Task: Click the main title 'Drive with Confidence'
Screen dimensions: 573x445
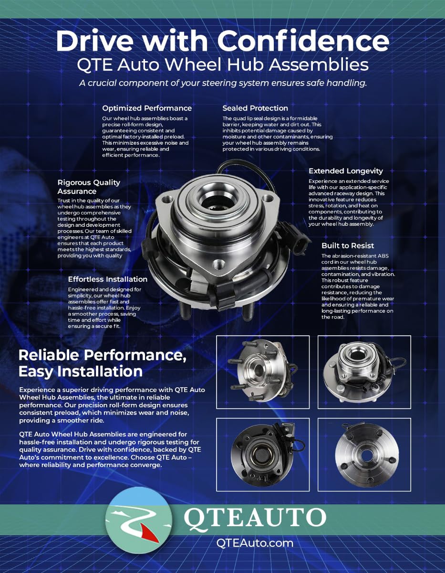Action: click(222, 41)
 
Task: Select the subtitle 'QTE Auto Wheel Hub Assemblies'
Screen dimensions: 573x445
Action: click(222, 65)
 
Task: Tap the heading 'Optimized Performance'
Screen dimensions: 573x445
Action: click(147, 108)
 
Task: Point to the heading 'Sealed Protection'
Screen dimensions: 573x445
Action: click(255, 108)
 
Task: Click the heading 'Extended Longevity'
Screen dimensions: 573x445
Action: click(345, 171)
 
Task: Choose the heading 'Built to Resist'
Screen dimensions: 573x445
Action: click(348, 245)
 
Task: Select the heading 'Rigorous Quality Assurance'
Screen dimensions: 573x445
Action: click(89, 187)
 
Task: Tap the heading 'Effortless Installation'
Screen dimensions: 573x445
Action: click(107, 279)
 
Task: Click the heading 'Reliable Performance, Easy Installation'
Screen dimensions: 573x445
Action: click(102, 363)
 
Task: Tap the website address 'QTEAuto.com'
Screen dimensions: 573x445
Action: click(255, 543)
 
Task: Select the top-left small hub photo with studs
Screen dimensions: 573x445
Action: click(263, 372)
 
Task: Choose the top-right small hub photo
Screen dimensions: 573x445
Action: click(364, 372)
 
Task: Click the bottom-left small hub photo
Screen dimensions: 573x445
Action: click(263, 454)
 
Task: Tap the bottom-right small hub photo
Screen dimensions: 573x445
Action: click(364, 454)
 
